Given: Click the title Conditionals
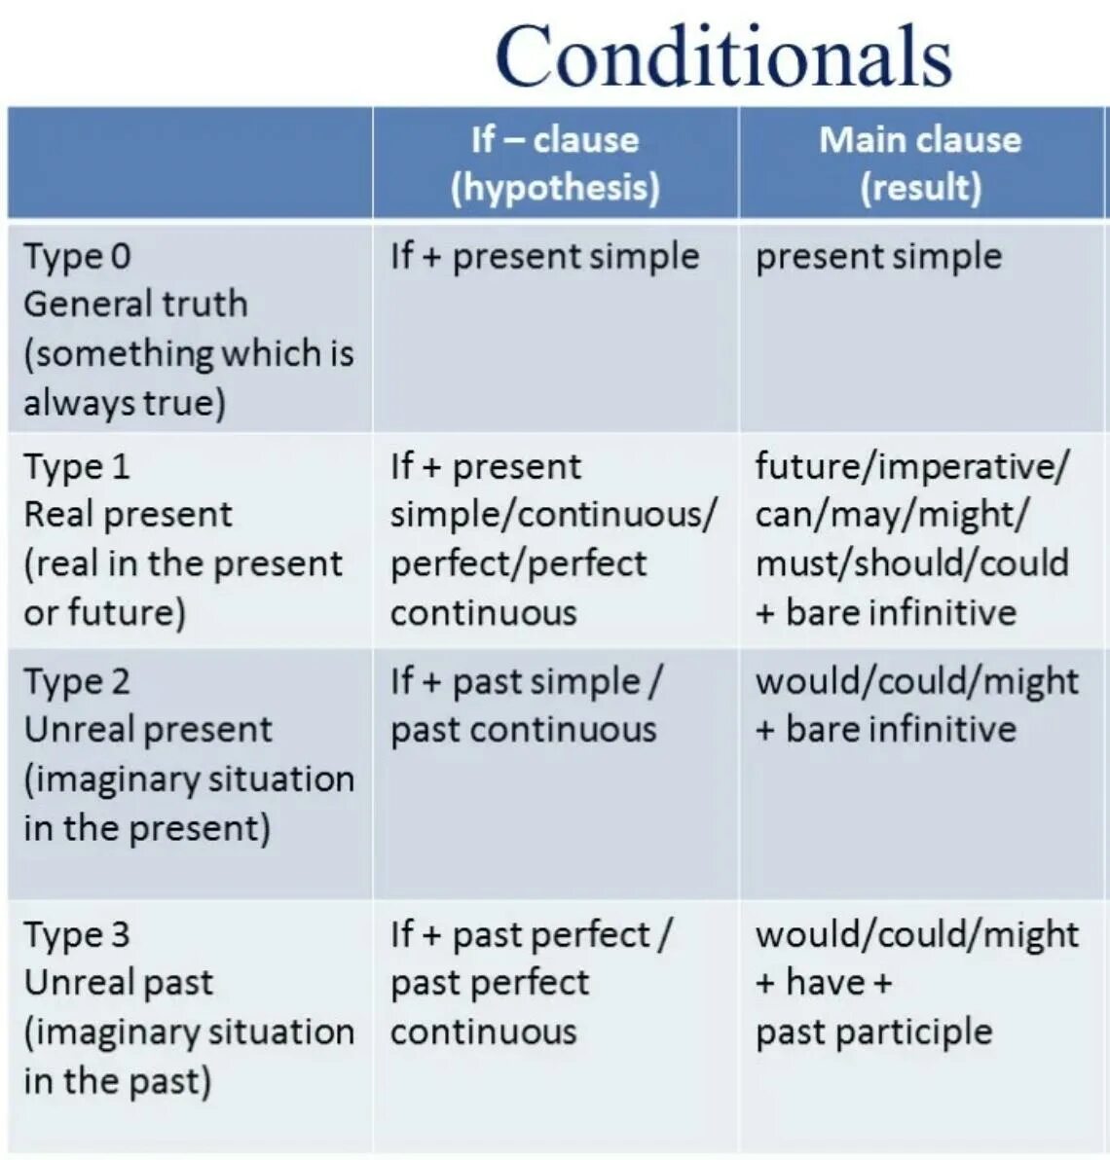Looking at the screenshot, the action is click(722, 55).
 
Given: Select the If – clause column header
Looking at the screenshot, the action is click(555, 140).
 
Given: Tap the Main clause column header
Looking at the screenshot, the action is click(920, 140).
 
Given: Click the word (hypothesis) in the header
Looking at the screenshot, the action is click(555, 187).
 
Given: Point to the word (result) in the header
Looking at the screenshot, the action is click(920, 187).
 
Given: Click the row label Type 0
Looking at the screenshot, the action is click(77, 256).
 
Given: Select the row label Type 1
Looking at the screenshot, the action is click(77, 466).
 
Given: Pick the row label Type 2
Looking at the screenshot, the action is click(77, 681).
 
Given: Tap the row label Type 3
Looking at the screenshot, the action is click(77, 934).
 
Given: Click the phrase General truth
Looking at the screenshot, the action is click(135, 304).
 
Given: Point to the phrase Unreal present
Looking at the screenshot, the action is click(148, 730).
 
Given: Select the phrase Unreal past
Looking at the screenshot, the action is click(118, 983).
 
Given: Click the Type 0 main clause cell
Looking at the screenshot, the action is click(878, 256).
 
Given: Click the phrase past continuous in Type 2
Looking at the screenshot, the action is click(523, 730).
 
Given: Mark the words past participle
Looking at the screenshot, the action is click(873, 1032).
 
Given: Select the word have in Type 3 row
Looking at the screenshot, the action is click(826, 983).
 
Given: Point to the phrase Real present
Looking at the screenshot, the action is click(128, 515).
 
